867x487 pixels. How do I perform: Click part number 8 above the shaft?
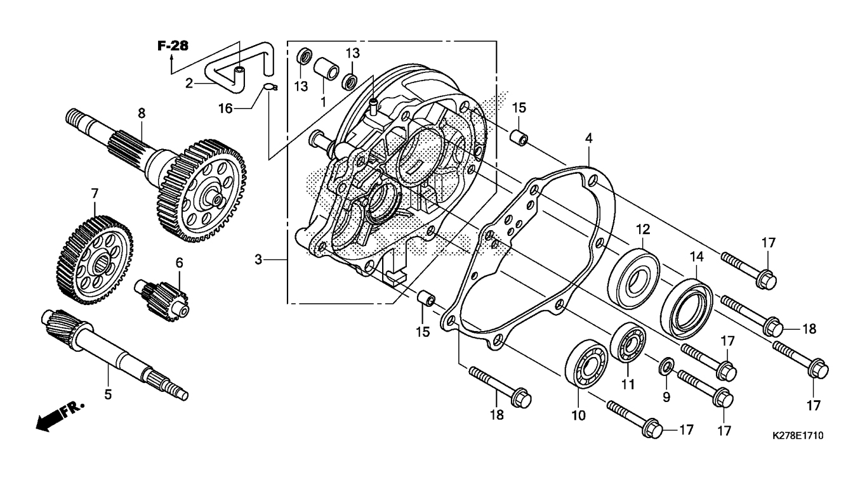pyautogui.click(x=142, y=113)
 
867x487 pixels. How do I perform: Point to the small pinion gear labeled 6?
pyautogui.click(x=164, y=295)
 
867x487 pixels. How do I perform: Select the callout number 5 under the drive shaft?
pyautogui.click(x=108, y=394)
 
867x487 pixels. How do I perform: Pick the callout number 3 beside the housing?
pyautogui.click(x=258, y=259)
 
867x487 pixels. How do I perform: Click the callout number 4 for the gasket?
pyautogui.click(x=589, y=137)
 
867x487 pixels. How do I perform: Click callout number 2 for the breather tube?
pyautogui.click(x=189, y=82)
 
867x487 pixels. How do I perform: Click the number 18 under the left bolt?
pyautogui.click(x=496, y=415)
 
